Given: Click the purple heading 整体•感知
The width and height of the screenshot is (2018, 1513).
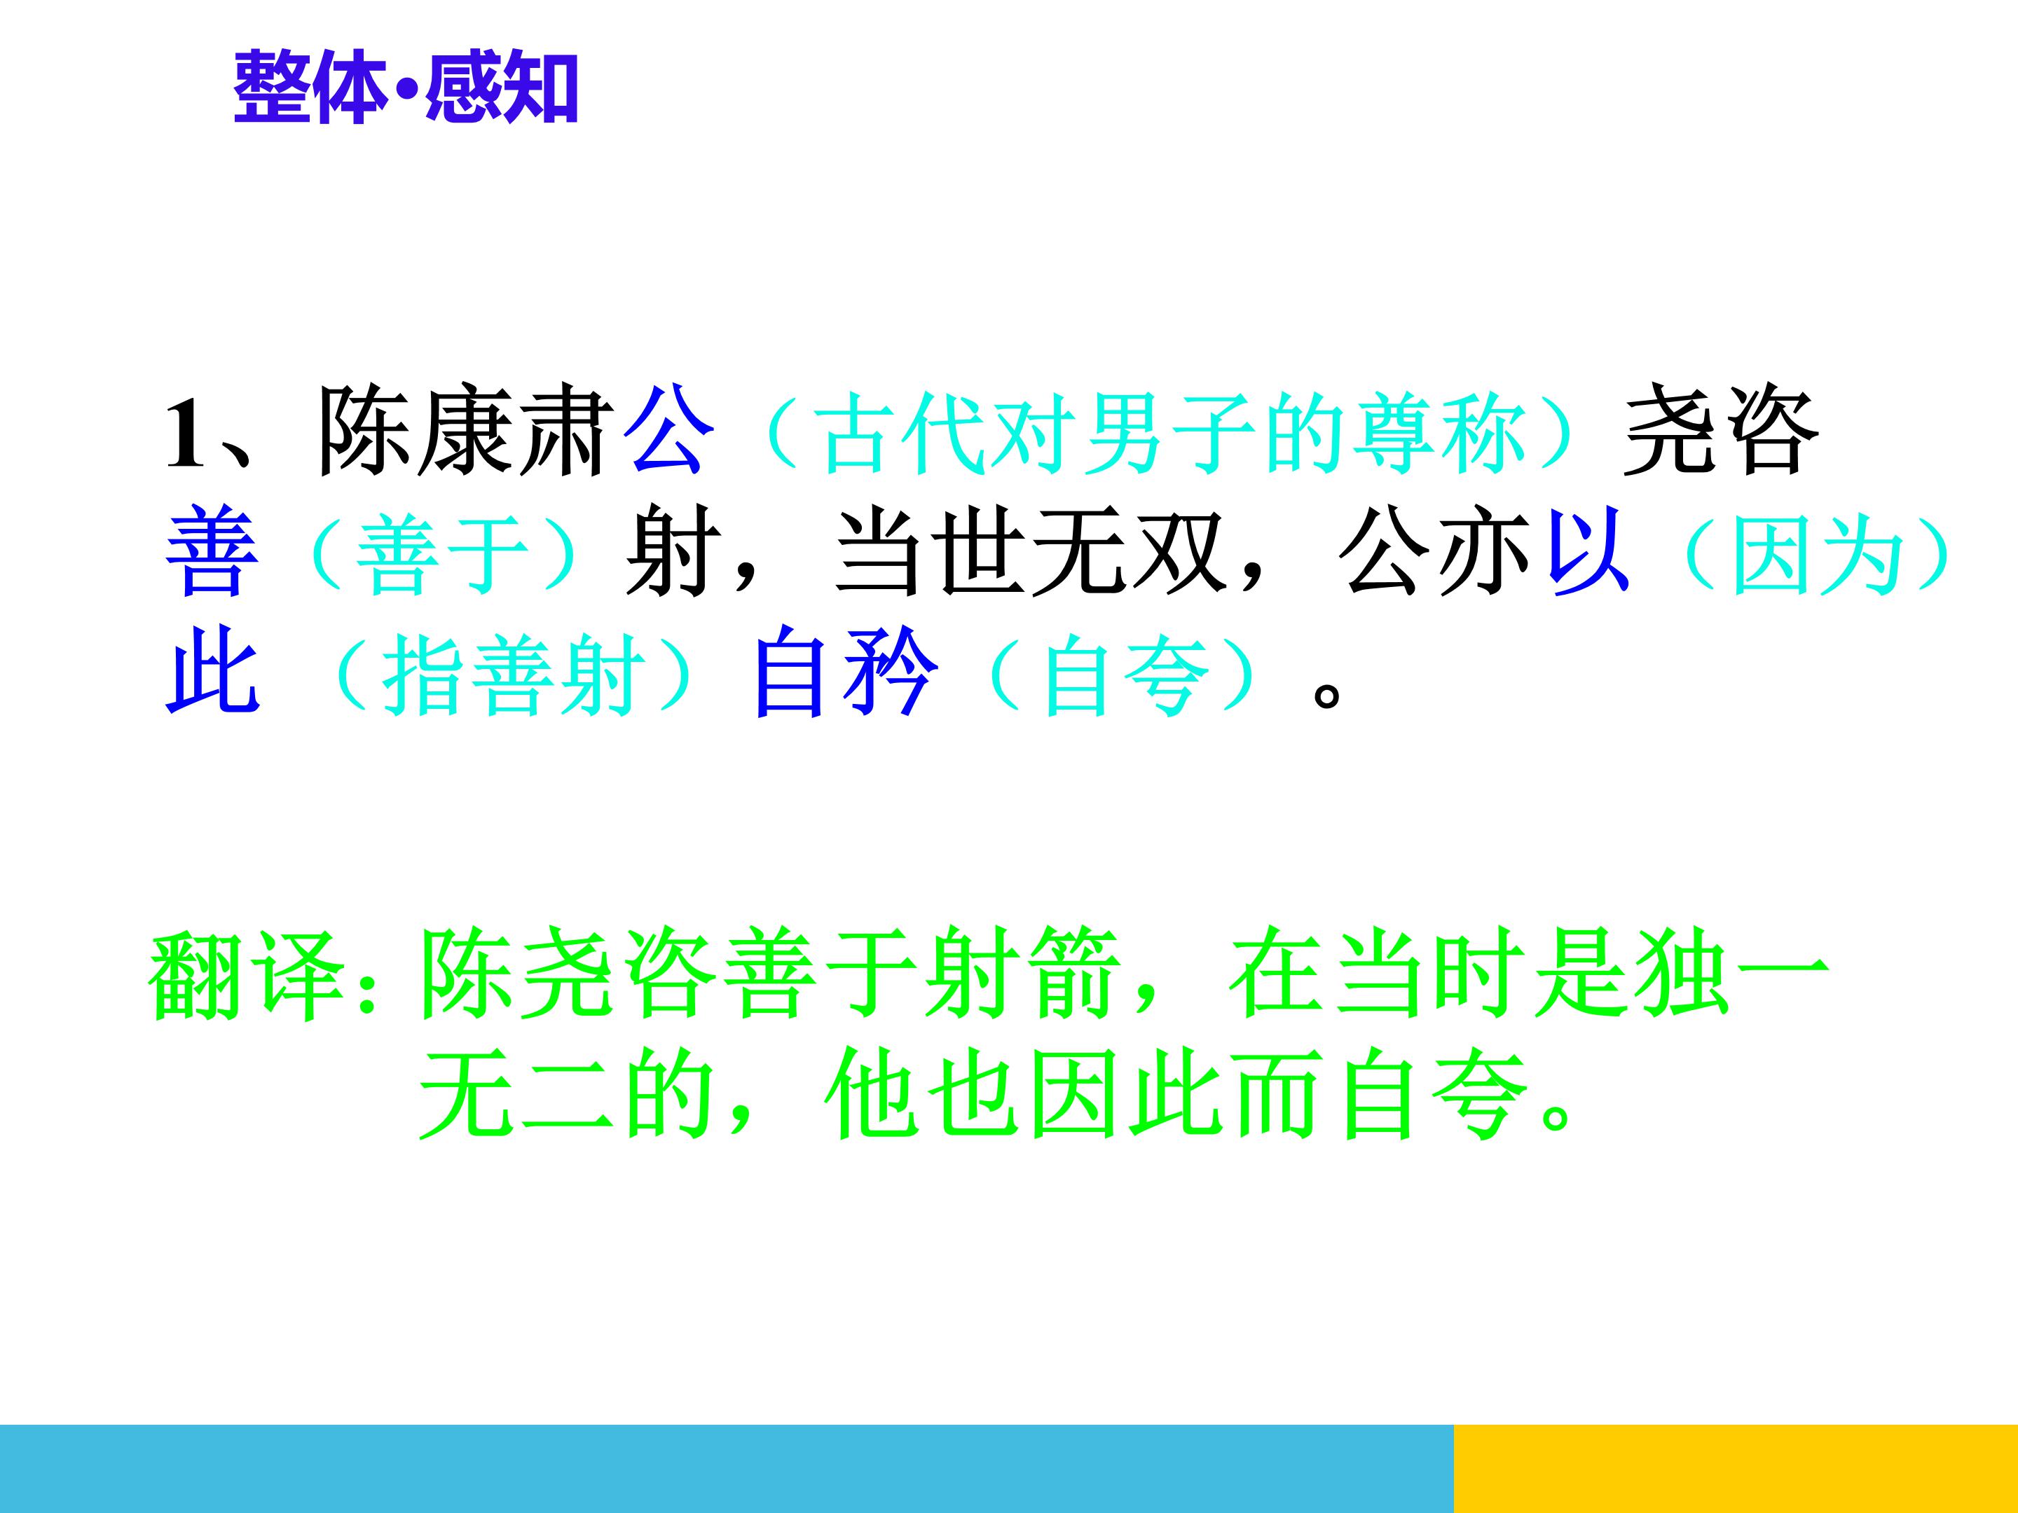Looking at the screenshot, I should point(406,88).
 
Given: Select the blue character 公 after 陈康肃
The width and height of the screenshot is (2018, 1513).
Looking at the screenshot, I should point(668,431).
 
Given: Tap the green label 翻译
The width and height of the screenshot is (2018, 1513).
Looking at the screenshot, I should point(247,976).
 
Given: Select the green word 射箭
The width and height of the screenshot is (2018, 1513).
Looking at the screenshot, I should point(1021,975).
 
